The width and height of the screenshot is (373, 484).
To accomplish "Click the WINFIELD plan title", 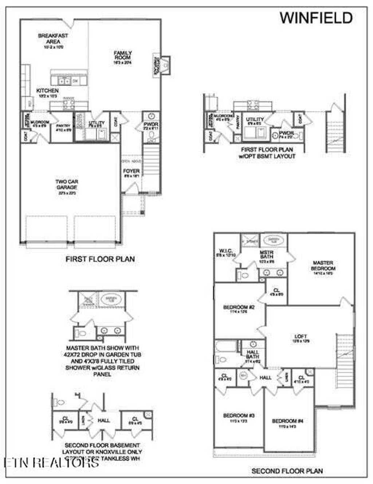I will click(316, 18).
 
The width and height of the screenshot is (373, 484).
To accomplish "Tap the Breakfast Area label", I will click(53, 39).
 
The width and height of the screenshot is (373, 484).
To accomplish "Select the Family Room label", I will click(123, 55).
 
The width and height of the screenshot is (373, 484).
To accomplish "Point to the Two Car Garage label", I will click(67, 185).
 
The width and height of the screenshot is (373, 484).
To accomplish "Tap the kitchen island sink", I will click(65, 81).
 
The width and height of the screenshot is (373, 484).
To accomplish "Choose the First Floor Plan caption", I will click(100, 259).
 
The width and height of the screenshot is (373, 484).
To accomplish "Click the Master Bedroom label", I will click(323, 266).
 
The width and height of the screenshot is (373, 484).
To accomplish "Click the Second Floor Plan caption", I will click(287, 471).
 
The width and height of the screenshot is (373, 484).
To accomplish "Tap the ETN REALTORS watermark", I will click(51, 462).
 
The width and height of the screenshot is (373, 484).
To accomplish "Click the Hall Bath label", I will click(253, 354).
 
